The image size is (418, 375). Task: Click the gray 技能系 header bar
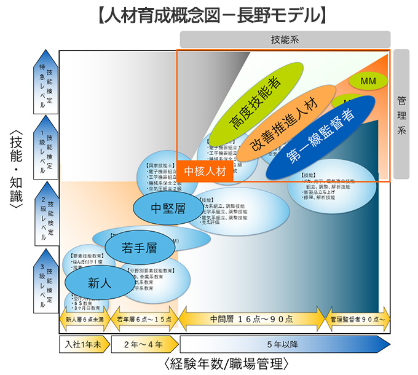click(285, 39)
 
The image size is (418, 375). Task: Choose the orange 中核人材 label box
click(205, 171)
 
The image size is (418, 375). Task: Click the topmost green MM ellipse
click(368, 81)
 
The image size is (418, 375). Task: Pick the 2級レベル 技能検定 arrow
click(45, 213)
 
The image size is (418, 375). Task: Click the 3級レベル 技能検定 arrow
click(45, 279)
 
